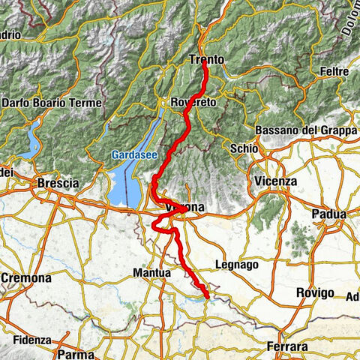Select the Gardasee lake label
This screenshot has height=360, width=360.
tap(133, 154)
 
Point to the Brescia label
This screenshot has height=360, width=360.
tap(58, 183)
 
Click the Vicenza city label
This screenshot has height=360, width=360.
tap(275, 181)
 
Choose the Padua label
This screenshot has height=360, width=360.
tap(330, 214)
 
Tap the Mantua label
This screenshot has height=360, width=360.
tap(152, 274)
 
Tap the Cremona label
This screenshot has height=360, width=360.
tap(26, 277)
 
